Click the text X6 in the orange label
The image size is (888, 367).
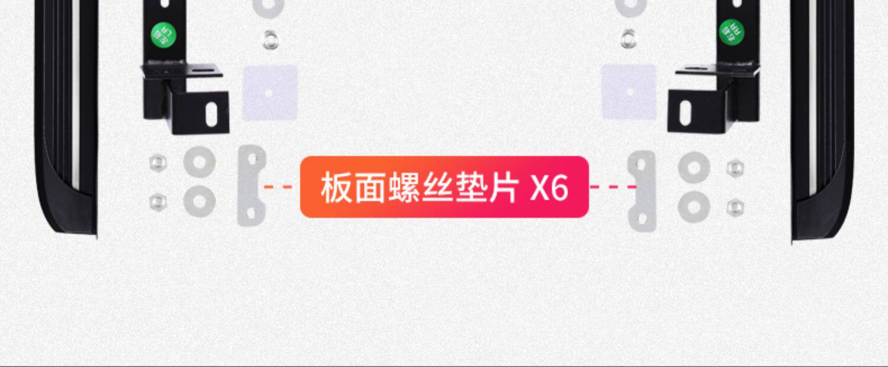click(549, 188)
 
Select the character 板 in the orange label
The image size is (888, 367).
click(336, 188)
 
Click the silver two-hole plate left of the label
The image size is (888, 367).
click(252, 186)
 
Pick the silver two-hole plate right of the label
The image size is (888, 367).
click(642, 191)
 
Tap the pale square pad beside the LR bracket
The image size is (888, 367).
click(270, 92)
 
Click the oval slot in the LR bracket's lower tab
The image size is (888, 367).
click(210, 111)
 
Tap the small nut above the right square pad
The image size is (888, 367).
click(628, 39)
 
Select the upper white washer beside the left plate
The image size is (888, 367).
click(200, 161)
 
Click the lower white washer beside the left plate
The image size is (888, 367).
click(200, 200)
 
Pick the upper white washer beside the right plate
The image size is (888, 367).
click(694, 167)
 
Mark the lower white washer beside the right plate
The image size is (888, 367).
click(694, 206)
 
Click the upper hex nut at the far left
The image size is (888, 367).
click(157, 161)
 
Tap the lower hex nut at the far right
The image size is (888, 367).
click(735, 208)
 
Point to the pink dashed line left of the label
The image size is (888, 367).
click(279, 187)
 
